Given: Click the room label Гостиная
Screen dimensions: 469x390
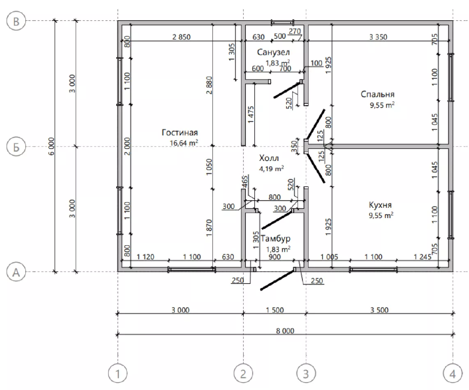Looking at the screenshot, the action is [180, 132].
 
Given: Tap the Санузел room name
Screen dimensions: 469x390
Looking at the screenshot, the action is [273, 52].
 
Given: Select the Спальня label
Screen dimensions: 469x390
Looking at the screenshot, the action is [377, 94].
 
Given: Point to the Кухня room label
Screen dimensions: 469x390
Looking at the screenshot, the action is [380, 205].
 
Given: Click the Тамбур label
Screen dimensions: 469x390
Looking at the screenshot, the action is [276, 239].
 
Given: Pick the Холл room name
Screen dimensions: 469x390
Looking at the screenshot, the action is [269, 158].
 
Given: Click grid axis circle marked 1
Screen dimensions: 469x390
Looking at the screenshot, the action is [118, 374].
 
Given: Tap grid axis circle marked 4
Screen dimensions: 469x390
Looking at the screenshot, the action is [453, 374].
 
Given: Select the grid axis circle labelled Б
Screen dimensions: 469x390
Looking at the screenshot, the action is [16, 147].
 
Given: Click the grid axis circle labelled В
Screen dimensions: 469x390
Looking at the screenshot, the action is [16, 21].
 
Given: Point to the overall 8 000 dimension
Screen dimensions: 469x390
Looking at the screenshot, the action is [285, 331].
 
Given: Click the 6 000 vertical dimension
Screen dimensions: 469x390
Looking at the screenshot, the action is [51, 146].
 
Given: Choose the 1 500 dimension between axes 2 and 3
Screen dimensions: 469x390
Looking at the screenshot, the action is [275, 310].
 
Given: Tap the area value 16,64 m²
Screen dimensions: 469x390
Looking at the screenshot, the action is [184, 142].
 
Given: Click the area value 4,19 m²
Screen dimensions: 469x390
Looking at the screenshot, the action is [271, 169].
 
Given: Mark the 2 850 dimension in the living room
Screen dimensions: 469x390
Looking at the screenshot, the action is [181, 37].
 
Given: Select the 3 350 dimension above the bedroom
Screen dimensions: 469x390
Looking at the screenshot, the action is [378, 37].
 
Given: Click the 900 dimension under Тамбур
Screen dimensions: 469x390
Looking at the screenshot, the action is [275, 257].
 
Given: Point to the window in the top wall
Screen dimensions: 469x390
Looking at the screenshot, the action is [282, 22].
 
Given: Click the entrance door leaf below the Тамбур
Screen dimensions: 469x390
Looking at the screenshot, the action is [278, 280].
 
